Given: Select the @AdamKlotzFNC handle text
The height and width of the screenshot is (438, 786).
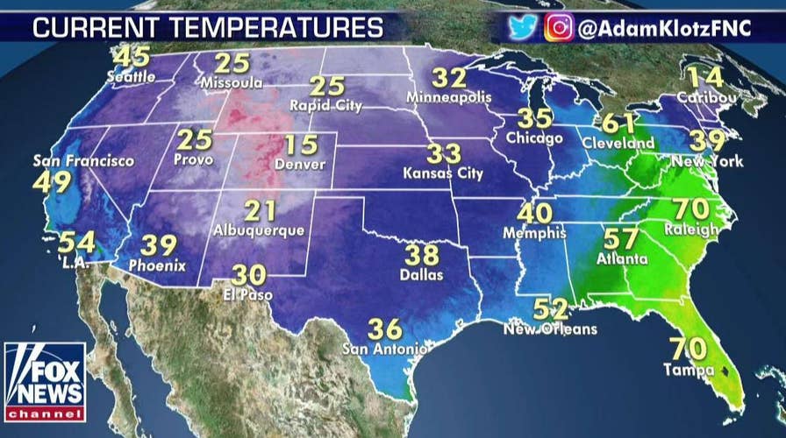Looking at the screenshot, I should point(664,28).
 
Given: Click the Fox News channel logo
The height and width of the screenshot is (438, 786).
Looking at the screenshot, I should point(45,382).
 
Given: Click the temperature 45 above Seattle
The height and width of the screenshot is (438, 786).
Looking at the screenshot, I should point(132,58).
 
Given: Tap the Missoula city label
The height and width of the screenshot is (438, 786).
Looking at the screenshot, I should point(232,82).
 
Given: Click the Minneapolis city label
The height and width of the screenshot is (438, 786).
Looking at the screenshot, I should point(449,98).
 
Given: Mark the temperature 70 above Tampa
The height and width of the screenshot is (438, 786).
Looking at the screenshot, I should point(688,349).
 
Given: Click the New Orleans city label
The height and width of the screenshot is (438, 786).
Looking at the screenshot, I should point(550,329).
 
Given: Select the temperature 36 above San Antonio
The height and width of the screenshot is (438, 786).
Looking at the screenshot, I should point(384,329).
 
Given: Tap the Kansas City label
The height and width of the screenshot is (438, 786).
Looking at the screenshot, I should point(444,173).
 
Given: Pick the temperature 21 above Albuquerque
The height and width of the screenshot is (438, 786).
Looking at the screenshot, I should point(260,211).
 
